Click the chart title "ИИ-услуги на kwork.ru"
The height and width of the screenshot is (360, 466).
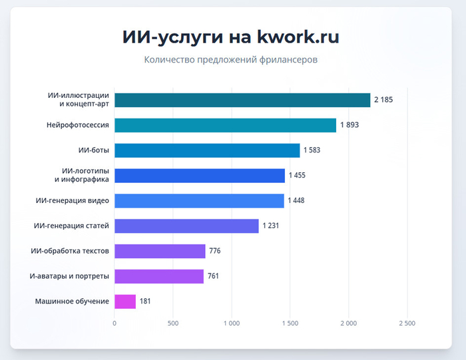(x=231, y=37)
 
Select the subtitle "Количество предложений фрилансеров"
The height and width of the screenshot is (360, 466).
(x=231, y=60)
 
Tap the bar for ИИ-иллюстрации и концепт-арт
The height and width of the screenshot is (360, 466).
(x=242, y=100)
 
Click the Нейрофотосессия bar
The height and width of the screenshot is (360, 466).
(x=225, y=125)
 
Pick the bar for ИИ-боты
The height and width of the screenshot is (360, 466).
(x=207, y=150)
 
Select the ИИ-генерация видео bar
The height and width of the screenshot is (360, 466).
(x=199, y=201)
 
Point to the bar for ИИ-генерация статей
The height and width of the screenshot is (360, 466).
(x=186, y=226)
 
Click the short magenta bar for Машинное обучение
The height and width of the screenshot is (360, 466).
(x=125, y=301)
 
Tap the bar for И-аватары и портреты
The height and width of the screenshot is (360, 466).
(x=159, y=276)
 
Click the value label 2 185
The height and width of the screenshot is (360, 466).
(x=383, y=100)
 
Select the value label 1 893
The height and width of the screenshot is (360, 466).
(x=349, y=125)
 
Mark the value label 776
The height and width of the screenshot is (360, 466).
(x=214, y=251)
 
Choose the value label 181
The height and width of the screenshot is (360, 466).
(x=145, y=301)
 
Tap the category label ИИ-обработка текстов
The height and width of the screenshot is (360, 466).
(x=70, y=251)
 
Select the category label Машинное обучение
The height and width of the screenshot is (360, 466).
(x=72, y=301)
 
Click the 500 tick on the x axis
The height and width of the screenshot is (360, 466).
(x=172, y=323)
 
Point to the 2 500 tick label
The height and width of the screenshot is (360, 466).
(x=406, y=323)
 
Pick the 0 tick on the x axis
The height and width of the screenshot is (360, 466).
(x=115, y=323)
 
